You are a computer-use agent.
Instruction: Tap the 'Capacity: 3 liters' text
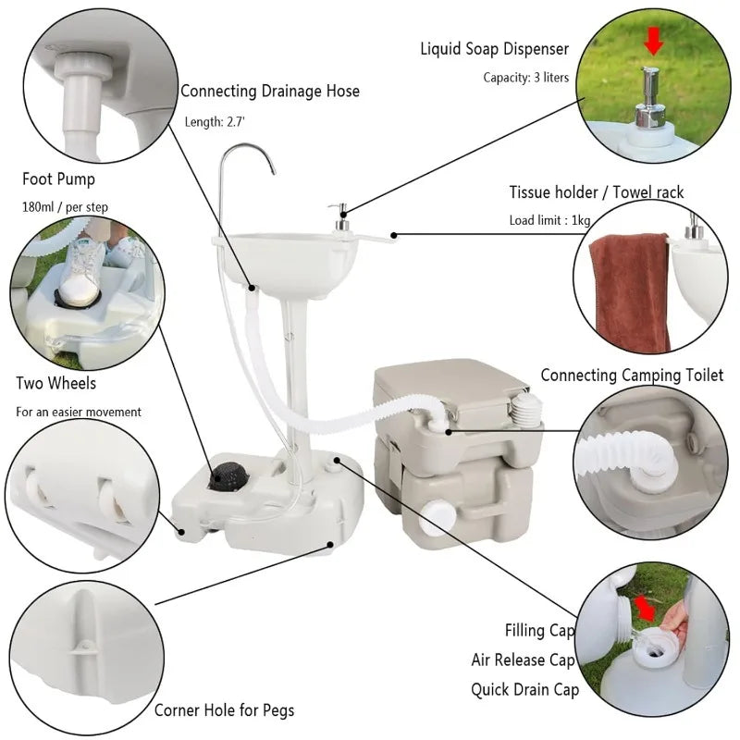tap(525, 78)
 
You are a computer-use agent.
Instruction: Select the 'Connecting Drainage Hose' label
tap(269, 91)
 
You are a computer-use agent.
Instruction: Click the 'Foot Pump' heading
tap(58, 179)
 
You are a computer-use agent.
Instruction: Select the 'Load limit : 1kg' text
tap(549, 220)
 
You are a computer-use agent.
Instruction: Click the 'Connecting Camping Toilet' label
tap(632, 375)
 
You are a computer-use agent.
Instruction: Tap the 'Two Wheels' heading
tap(55, 383)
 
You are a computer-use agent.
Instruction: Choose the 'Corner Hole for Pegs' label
tap(224, 710)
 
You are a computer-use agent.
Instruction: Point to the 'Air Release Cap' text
tap(522, 660)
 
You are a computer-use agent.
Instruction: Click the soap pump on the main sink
tap(339, 218)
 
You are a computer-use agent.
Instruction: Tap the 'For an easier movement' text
tap(79, 412)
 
